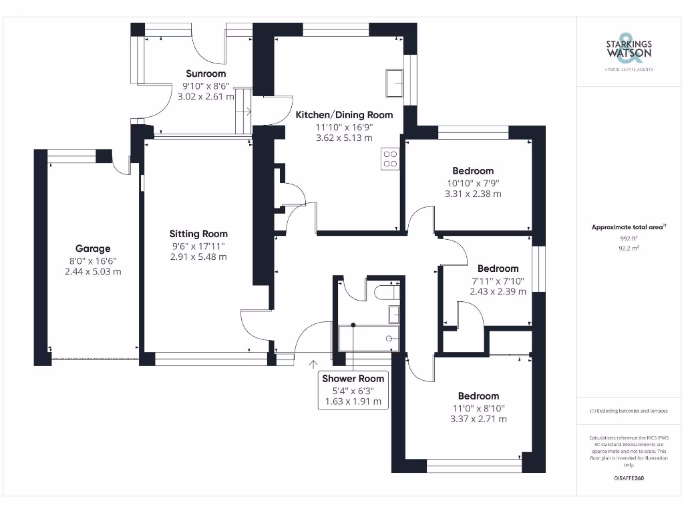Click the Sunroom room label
point(206,73)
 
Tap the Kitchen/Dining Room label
point(344,115)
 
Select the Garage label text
point(93,248)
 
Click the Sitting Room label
point(198,234)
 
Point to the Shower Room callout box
point(353,390)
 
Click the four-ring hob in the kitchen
point(390,159)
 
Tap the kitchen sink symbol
point(393,83)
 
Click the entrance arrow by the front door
point(313,364)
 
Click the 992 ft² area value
point(629,238)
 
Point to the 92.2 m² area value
point(629,248)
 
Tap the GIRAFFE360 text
point(629,478)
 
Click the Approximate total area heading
point(629,227)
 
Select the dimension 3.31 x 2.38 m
point(473,194)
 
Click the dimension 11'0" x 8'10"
point(478,408)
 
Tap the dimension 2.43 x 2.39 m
point(498,291)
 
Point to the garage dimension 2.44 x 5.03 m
point(93,271)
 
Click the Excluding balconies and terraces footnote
point(629,411)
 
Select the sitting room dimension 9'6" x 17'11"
point(198,245)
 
